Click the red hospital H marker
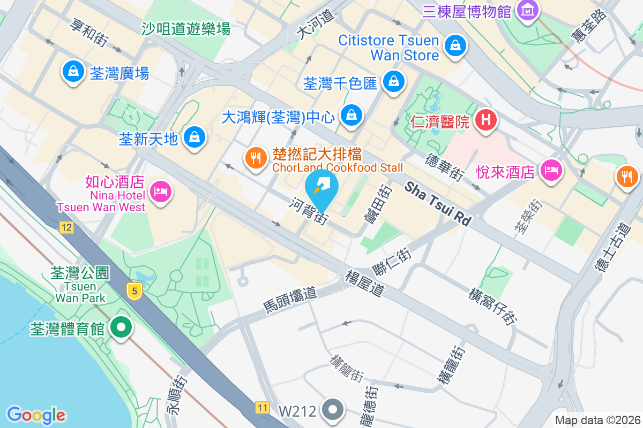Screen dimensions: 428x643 coord(485,119)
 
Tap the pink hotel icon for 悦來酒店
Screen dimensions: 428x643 coord(551,171)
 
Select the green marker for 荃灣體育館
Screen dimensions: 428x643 coord(121,327)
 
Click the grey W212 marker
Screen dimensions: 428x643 coord(333,410)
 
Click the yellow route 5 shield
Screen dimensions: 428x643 coord(134,292)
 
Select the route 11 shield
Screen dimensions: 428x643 coord(262,408)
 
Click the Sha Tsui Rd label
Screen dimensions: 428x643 coord(437,203)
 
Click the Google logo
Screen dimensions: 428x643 coord(36,415)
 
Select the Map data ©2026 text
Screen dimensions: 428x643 coord(597,421)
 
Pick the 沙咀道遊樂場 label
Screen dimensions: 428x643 coord(186,28)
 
